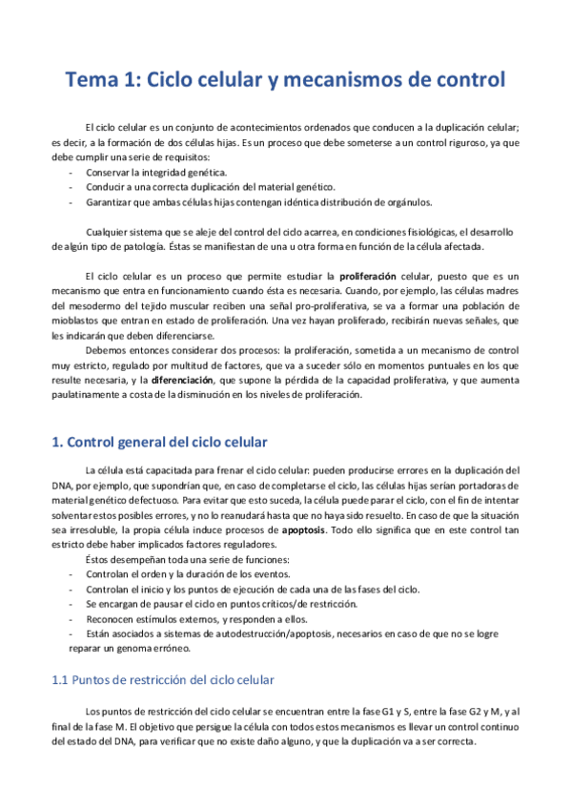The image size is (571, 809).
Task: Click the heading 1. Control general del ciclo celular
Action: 160,442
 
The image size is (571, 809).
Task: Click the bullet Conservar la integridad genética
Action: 156,172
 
